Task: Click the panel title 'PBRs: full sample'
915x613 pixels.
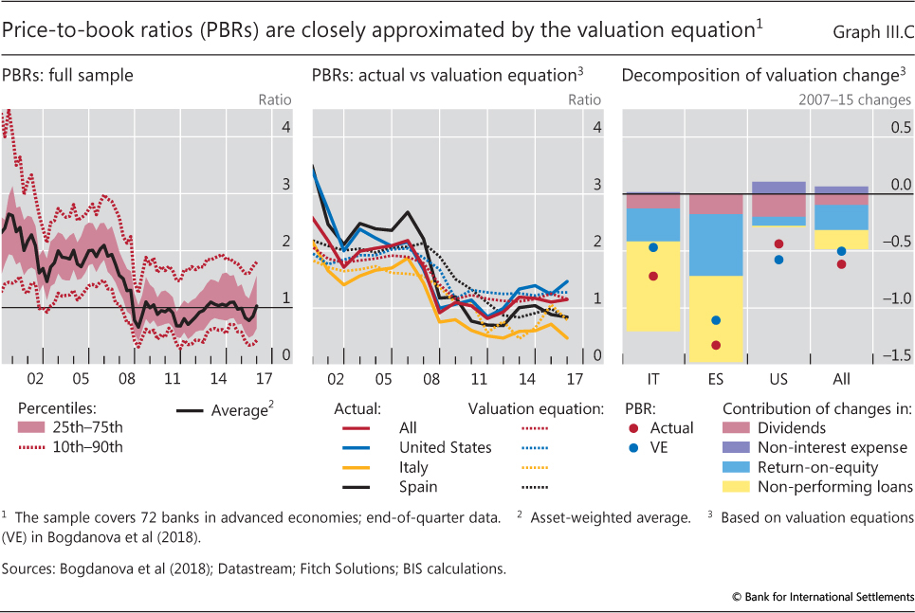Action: (67, 74)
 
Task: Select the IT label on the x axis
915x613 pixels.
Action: (653, 379)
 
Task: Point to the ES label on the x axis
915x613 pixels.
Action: (716, 379)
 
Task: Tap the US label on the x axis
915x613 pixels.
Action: (778, 379)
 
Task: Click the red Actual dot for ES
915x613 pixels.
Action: (716, 345)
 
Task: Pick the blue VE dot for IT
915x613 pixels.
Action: (653, 247)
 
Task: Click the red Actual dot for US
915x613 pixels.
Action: (778, 243)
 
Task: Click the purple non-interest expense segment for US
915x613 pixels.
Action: (778, 188)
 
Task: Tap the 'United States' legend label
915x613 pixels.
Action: (445, 447)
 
